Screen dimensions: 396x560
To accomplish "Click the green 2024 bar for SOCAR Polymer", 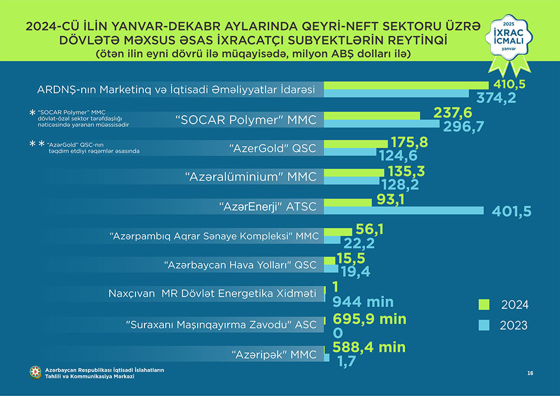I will coord(372,115).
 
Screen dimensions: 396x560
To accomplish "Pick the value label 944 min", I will coord(363,302).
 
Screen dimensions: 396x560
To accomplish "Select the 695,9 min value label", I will coord(369,319).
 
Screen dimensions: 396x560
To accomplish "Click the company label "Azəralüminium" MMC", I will coord(251,177).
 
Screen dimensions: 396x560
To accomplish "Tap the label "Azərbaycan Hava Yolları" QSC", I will coord(241,264).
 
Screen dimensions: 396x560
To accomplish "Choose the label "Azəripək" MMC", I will coord(274,353).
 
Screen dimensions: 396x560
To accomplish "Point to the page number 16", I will coord(530,373).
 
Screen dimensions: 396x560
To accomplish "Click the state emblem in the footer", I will coord(36,373).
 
